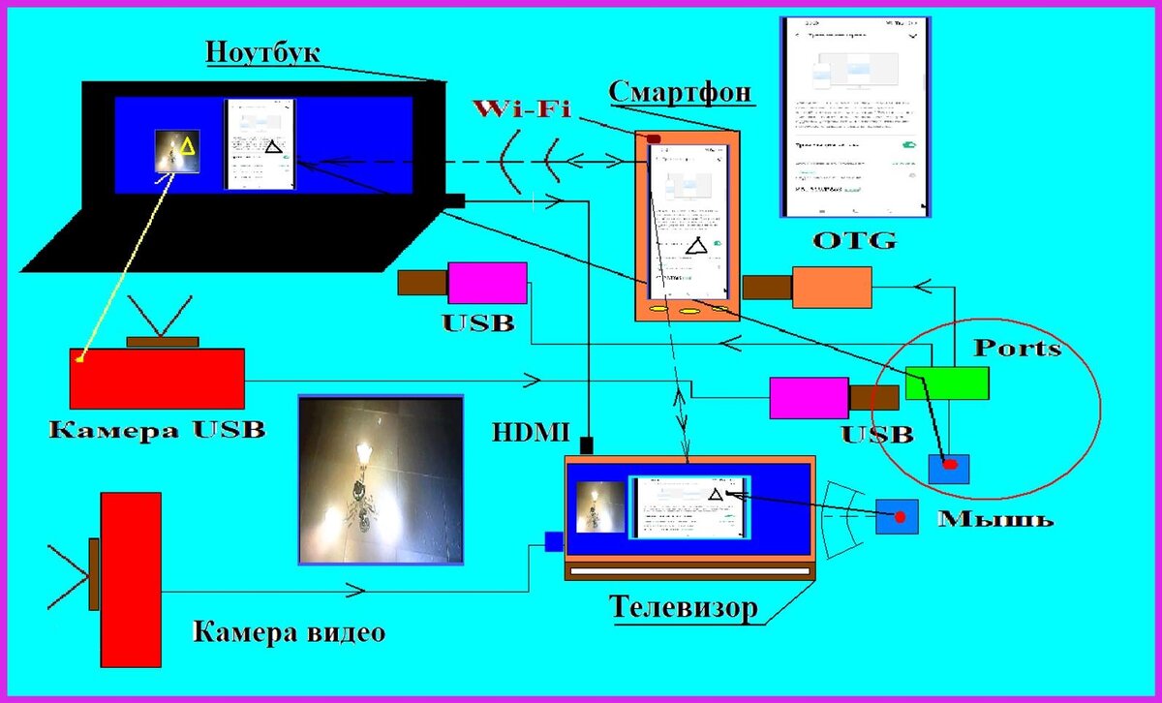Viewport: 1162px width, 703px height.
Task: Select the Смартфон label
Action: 682,92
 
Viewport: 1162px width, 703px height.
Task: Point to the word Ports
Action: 1017,348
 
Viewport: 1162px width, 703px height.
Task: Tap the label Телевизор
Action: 682,608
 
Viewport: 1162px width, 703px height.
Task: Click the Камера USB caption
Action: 156,429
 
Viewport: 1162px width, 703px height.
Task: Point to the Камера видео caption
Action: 289,633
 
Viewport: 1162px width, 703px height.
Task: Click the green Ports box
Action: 947,383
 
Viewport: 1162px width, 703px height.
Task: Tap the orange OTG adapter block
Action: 832,287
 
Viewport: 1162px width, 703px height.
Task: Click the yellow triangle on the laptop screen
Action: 187,147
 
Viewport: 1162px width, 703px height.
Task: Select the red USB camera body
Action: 156,378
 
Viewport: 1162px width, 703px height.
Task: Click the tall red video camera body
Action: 131,579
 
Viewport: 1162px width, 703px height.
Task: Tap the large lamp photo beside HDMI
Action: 381,478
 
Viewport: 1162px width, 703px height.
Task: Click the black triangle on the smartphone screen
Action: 696,247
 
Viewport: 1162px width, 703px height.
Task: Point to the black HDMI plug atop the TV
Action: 586,445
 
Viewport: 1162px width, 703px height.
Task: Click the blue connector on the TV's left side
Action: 554,541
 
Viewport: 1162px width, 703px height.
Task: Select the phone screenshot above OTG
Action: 854,117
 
